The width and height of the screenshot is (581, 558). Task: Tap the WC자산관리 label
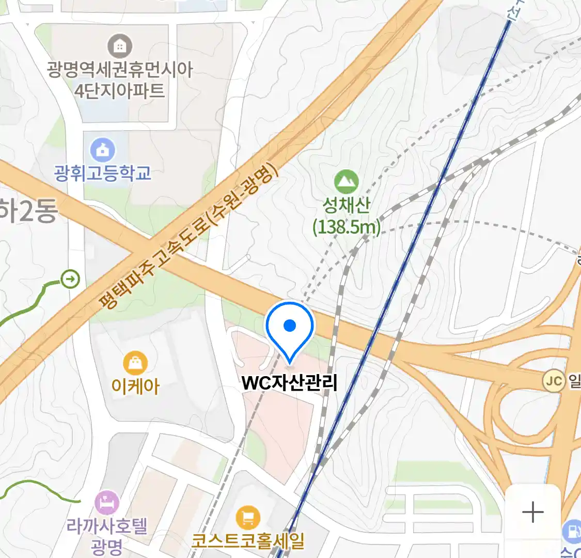tap(289, 383)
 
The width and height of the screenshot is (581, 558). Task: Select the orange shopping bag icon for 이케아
tap(135, 364)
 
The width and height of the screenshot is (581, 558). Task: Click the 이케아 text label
tap(135, 386)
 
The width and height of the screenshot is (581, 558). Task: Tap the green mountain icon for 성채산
tap(346, 182)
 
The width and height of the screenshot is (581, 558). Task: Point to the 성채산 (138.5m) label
tap(347, 216)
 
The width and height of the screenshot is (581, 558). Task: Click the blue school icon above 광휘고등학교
tap(103, 150)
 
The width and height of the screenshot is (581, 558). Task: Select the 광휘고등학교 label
tap(103, 173)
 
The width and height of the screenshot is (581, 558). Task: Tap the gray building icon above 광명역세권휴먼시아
tap(120, 47)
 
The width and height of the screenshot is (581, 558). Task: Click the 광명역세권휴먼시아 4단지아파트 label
tap(120, 80)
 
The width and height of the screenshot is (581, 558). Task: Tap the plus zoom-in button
tap(532, 512)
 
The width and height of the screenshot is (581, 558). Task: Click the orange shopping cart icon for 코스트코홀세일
tap(248, 517)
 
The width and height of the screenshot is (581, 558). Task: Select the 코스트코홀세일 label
tap(248, 541)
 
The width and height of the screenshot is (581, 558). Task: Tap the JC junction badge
tap(553, 382)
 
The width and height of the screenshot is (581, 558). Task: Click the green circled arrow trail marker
tap(70, 280)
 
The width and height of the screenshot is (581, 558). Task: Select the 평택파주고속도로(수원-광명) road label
tap(189, 239)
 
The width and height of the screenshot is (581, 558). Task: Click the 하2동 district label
tap(28, 211)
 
